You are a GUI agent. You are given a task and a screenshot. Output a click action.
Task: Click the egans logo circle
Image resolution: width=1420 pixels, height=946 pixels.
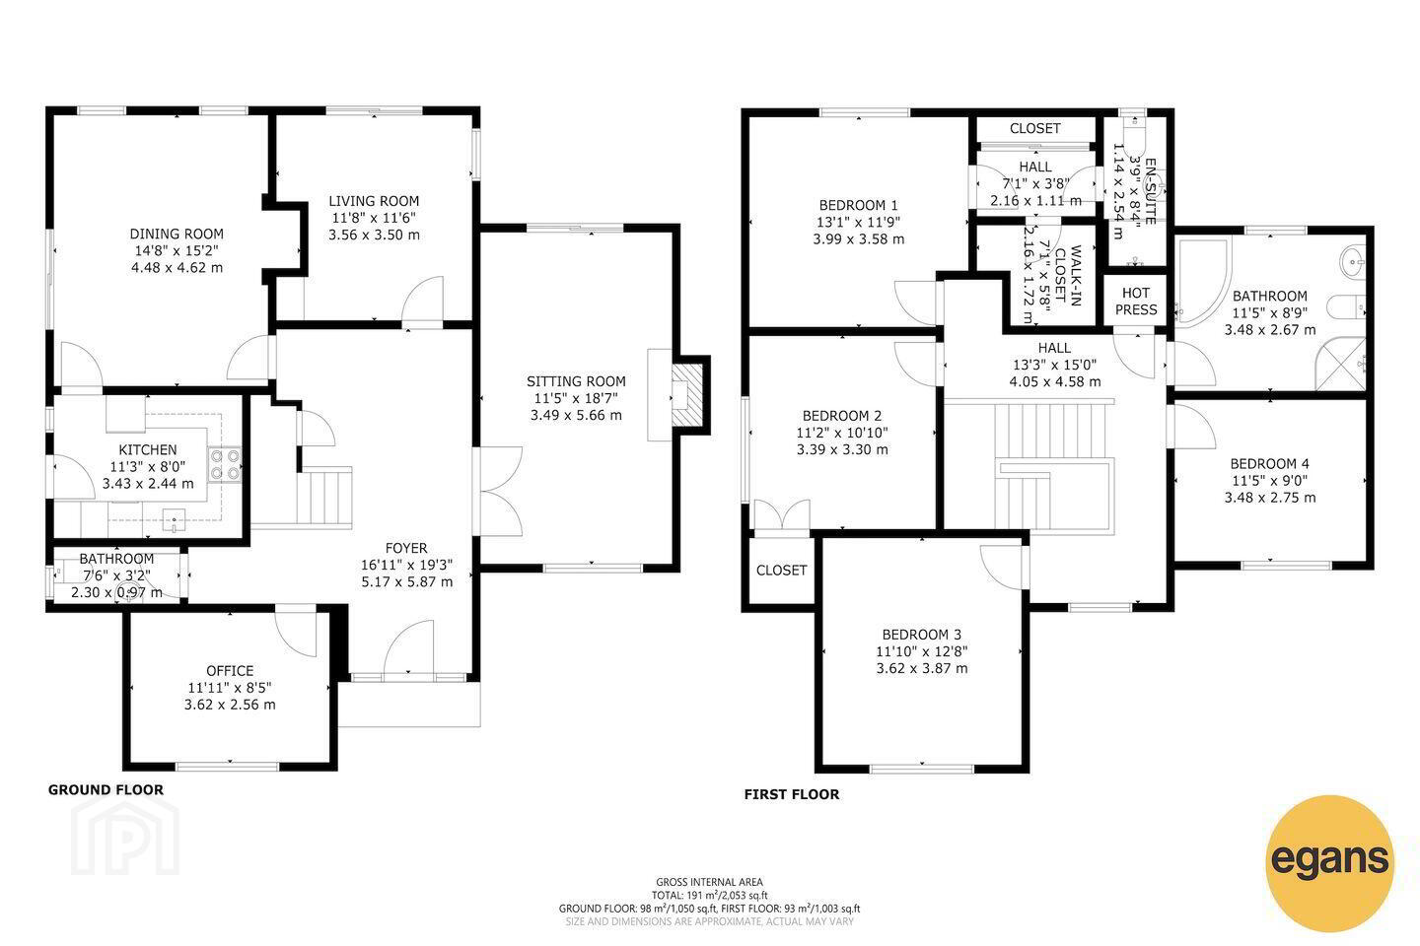[1329, 863]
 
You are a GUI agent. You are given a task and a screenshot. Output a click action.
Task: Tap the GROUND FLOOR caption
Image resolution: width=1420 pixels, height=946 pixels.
[106, 789]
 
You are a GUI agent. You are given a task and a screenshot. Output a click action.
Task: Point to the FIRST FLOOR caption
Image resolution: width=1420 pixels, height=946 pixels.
[792, 794]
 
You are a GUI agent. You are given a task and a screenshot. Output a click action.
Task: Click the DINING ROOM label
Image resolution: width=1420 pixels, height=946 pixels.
[177, 234]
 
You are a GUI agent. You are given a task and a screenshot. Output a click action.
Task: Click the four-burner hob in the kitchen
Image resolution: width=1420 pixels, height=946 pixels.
[225, 464]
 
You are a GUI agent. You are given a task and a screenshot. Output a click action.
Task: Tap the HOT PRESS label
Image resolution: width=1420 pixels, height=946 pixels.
[1136, 301]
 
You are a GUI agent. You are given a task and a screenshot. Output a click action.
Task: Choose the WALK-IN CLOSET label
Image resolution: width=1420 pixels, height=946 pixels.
[1068, 276]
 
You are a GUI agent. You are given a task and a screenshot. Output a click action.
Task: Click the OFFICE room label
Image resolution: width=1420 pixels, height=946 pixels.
[230, 670]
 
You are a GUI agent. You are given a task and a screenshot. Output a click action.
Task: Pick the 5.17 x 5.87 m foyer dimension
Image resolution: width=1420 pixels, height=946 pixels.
[407, 581]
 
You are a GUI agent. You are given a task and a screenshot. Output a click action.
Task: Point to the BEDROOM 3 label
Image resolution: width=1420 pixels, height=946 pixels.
[922, 635]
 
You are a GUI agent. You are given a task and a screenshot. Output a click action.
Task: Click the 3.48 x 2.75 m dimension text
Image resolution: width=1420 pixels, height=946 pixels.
[1270, 498]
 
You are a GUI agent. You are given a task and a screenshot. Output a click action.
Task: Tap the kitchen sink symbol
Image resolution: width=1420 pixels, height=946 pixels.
[174, 520]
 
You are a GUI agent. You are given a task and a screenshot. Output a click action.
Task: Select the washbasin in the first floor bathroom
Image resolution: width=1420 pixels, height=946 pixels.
[1352, 261]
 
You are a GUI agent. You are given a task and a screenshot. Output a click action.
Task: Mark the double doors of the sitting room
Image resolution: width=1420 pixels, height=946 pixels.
[501, 491]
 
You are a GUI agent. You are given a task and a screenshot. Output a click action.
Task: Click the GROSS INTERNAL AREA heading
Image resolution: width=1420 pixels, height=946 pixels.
[709, 881]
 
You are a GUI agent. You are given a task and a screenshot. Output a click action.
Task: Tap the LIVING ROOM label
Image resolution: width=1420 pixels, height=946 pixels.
[374, 201]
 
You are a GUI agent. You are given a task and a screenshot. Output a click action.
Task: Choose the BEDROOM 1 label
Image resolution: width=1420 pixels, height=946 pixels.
[858, 205]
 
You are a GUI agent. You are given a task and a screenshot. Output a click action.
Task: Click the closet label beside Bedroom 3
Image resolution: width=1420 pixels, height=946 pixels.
[781, 571]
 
